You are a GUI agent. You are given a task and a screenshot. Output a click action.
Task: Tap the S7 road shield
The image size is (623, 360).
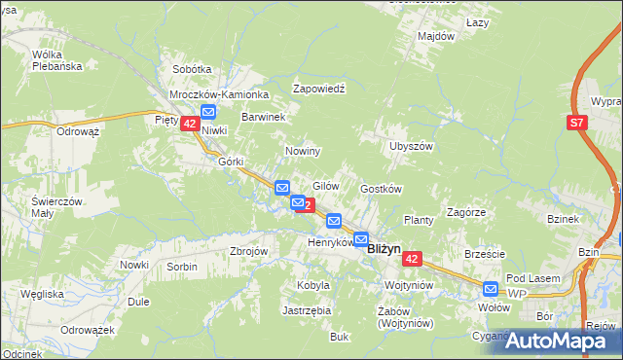(577, 122)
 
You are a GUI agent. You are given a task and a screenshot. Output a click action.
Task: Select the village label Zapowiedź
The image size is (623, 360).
(320, 87)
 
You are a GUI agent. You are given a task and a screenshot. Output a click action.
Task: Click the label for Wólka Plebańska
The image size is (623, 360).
(54, 61)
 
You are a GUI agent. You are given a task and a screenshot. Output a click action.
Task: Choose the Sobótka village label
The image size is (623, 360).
(192, 70)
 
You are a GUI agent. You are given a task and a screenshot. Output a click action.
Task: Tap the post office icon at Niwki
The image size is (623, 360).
(207, 113)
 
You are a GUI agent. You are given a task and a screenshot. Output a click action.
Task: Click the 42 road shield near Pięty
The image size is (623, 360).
(190, 124)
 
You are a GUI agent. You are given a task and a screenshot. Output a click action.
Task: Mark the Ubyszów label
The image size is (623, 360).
(411, 146)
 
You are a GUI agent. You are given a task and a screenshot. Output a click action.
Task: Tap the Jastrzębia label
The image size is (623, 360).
(307, 310)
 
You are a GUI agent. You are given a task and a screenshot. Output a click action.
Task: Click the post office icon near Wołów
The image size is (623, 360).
(490, 289)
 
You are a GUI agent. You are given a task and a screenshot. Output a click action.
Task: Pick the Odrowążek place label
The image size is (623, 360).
(88, 330)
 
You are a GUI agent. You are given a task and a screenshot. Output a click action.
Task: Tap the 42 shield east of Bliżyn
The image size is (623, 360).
(413, 259)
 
